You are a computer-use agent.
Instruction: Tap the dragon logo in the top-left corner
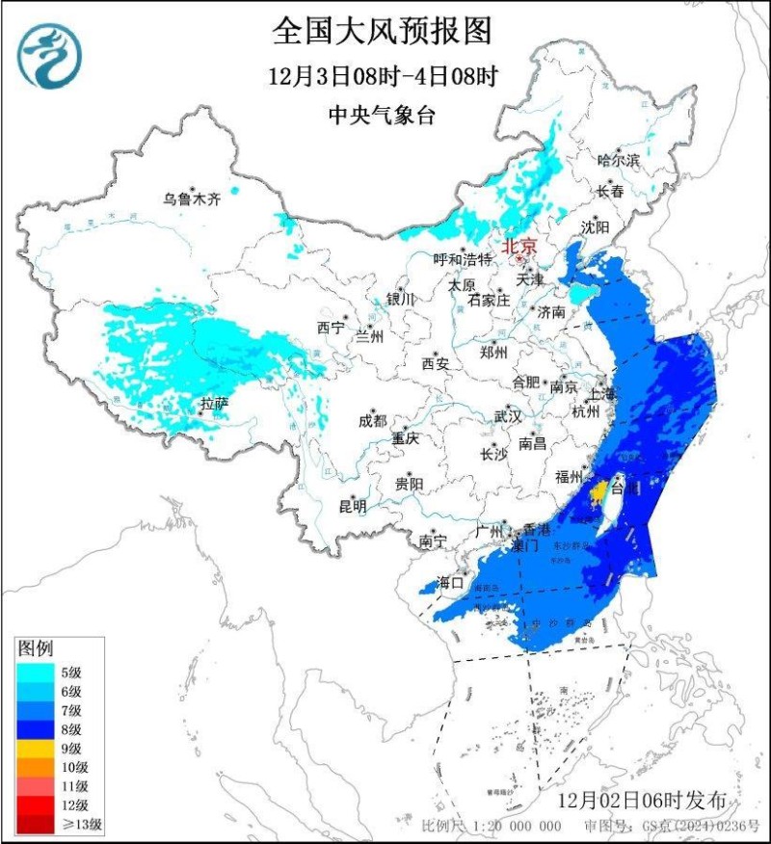pos(49,56)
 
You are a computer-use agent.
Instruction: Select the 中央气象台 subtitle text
pos(383,116)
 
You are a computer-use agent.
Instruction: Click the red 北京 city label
pos(518,246)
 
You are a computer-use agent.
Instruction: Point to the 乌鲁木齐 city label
pos(192,199)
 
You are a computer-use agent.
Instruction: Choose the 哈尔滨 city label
pos(618,160)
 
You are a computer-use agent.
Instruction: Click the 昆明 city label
pos(353,505)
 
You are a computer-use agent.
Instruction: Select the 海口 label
pos(450,582)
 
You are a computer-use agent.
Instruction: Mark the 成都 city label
pos(371,420)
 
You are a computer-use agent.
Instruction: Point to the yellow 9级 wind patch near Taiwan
pos(598,493)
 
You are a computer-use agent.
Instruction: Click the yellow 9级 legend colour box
pos(36,748)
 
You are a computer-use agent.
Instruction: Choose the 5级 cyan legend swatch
pos(36,673)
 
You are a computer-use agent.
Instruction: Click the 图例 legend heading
pos(35,647)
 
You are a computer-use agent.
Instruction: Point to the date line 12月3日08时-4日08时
pos(383,76)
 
